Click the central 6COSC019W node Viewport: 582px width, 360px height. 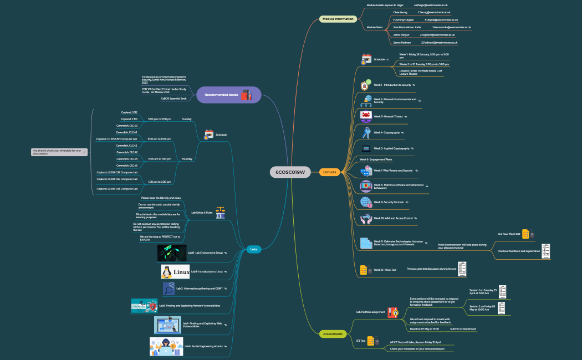pyautogui.click(x=290, y=172)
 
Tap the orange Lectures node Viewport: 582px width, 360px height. pyautogui.click(x=329, y=172)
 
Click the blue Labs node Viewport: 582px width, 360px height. pyautogui.click(x=254, y=249)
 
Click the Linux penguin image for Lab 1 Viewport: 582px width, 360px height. pyautogui.click(x=175, y=271)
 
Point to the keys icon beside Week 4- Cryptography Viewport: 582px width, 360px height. pyautogui.click(x=366, y=133)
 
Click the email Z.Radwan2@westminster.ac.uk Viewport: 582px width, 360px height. pyautogui.click(x=439, y=42)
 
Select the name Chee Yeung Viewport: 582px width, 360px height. pyautogui.click(x=400, y=12)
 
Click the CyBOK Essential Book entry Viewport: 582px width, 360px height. pyautogui.click(x=173, y=99)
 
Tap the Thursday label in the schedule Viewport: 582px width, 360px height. pyautogui.click(x=187, y=159)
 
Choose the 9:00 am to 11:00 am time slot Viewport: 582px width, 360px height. pyautogui.click(x=159, y=139)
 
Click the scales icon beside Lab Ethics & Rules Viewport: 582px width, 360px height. pyautogui.click(x=220, y=212)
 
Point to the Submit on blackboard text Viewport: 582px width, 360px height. pyautogui.click(x=463, y=329)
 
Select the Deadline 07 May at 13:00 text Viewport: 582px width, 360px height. pyautogui.click(x=425, y=329)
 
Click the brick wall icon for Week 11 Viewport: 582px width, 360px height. pyautogui.click(x=366, y=243)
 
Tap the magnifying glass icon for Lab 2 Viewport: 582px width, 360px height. pyautogui.click(x=169, y=289)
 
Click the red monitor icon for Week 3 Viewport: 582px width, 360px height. pyautogui.click(x=366, y=116)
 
